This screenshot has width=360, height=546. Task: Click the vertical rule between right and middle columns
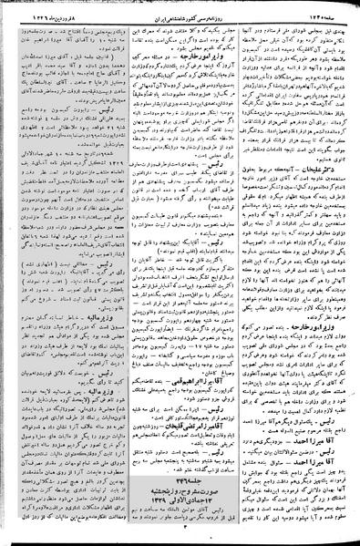pyautogui.click(x=240, y=273)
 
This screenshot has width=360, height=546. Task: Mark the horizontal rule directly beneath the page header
pyautogui.click(x=180, y=16)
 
